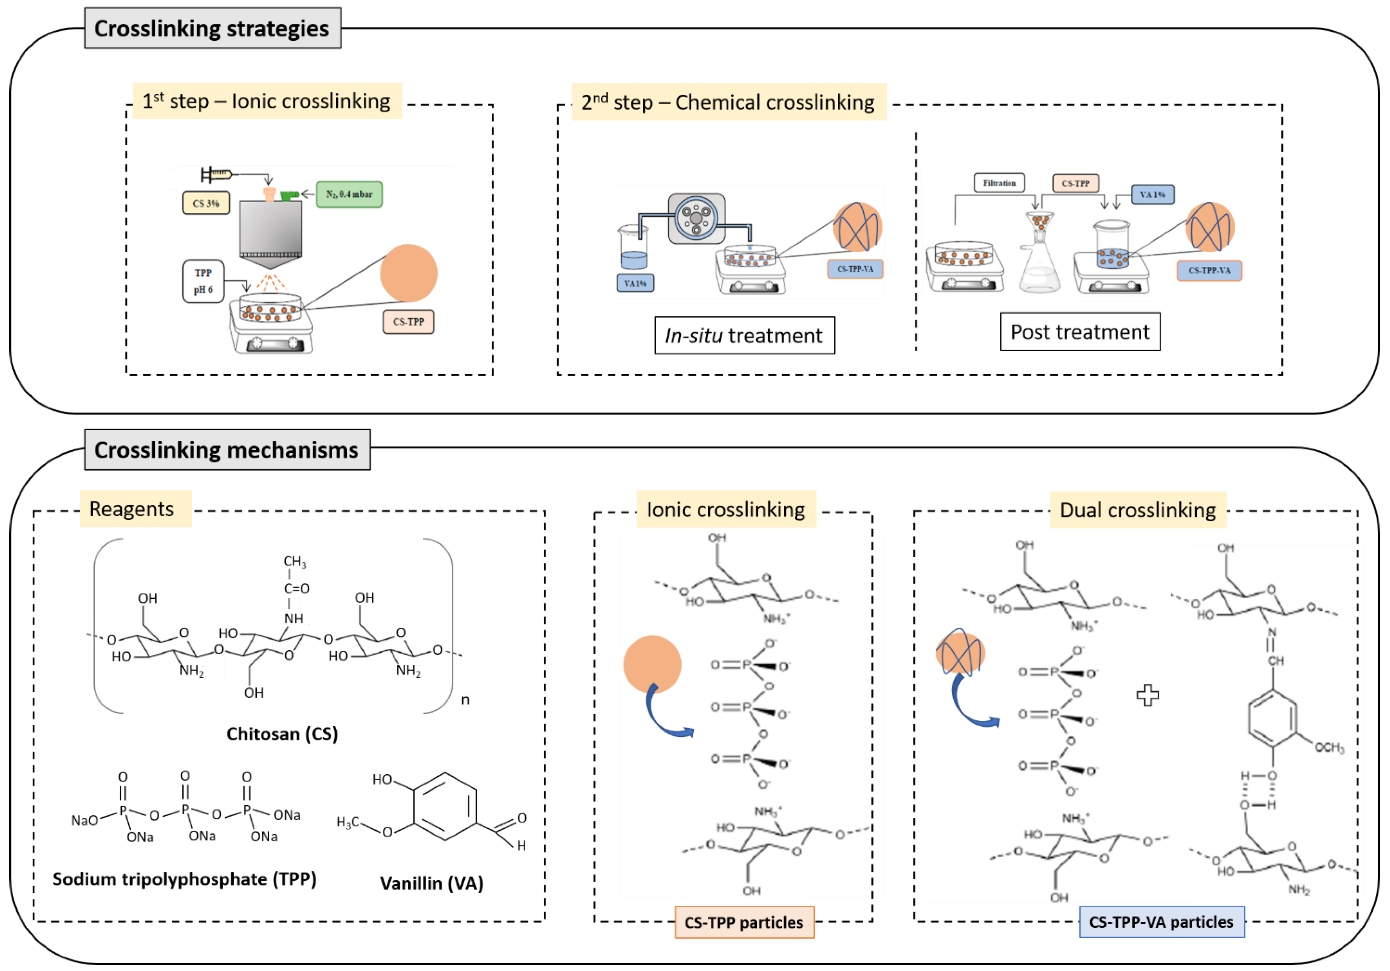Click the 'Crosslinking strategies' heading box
click(212, 28)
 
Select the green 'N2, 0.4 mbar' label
click(349, 194)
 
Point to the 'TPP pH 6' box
click(203, 282)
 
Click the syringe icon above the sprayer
click(218, 175)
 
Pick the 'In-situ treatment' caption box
click(744, 335)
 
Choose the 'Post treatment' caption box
click(1079, 332)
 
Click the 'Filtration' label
click(999, 183)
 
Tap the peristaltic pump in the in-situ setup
click(696, 218)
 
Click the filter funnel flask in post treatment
click(1040, 257)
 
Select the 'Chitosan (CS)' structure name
click(282, 734)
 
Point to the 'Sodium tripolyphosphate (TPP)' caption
click(184, 879)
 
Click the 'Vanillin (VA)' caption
click(432, 883)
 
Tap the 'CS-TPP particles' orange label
click(744, 922)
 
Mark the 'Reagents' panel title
click(132, 509)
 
